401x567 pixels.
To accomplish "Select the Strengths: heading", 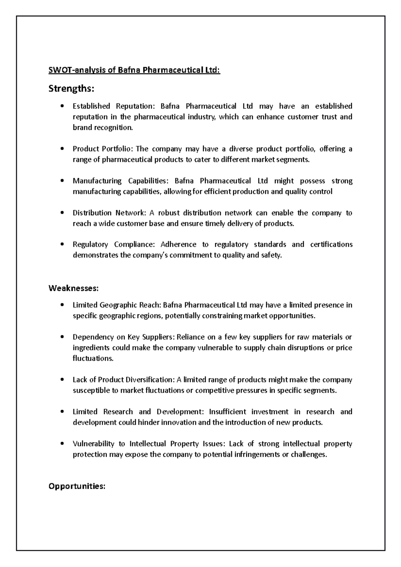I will point(72,89).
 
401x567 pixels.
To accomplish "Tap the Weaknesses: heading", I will point(74,288).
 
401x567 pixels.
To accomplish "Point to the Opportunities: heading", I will point(77,486).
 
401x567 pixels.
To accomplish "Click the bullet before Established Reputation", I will point(62,106).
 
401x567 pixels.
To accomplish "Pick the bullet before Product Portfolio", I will point(62,149).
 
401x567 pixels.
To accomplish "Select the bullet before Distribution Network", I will point(62,213).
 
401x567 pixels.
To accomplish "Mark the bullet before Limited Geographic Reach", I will point(62,305).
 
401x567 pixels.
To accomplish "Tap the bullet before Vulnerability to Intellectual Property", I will point(62,444).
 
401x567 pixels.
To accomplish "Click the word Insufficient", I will point(228,412).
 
